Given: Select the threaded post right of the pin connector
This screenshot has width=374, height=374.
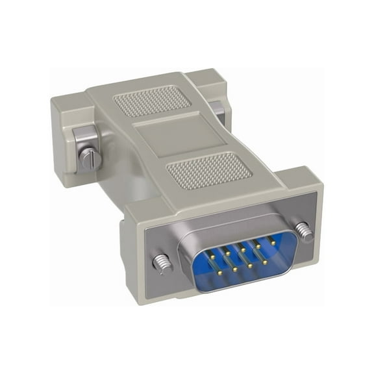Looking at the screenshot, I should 303,230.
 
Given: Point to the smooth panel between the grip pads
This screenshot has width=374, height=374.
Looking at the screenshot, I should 171,136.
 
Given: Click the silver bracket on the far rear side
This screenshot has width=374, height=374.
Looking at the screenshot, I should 220,114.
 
